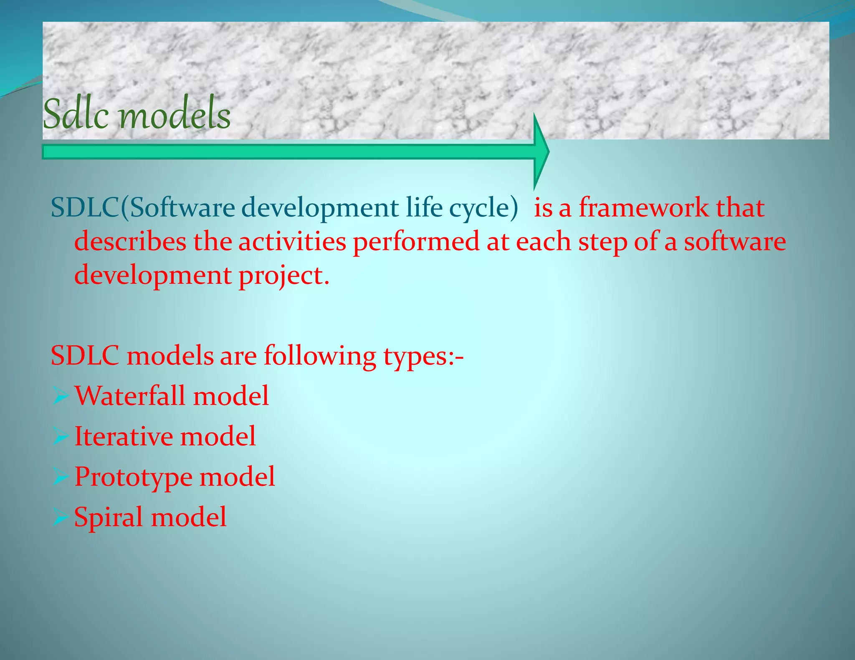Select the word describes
pyautogui.click(x=130, y=242)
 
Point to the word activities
pyautogui.click(x=292, y=242)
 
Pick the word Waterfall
pyautogui.click(x=129, y=396)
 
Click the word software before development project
pyautogui.click(x=734, y=242)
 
